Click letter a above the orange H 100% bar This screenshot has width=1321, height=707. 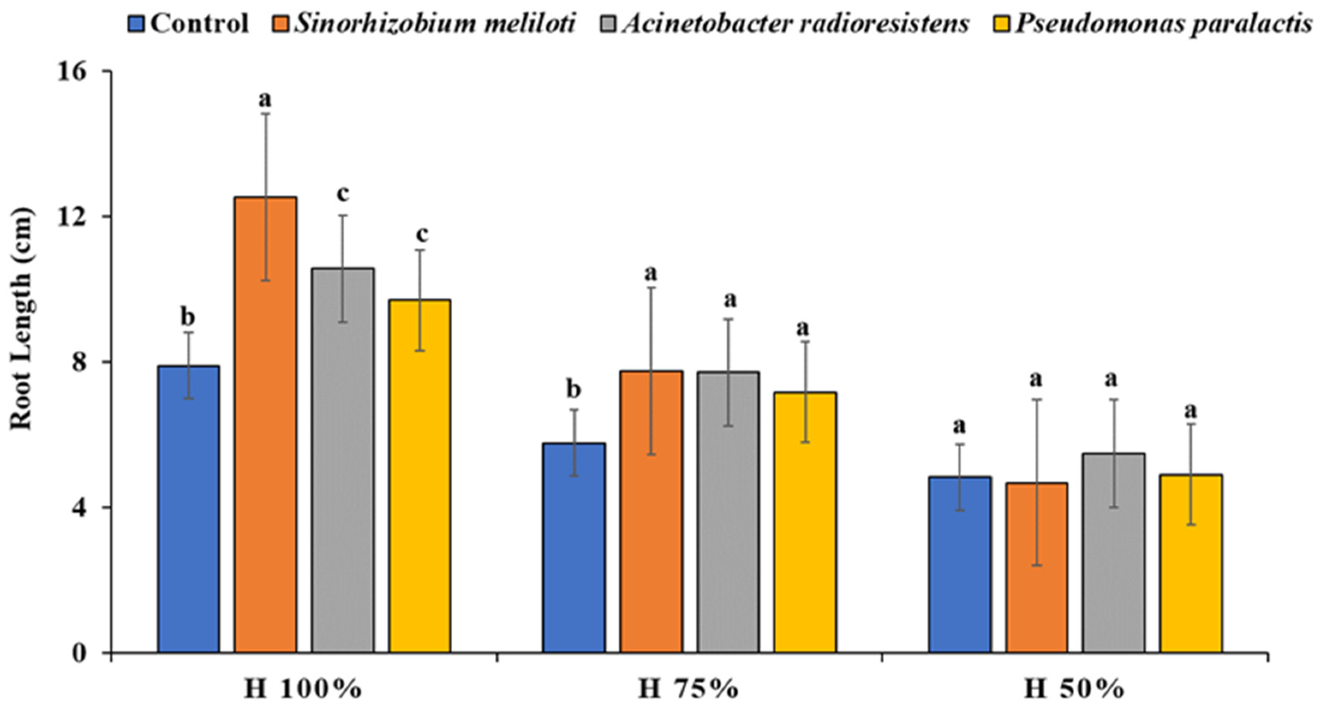265,99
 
